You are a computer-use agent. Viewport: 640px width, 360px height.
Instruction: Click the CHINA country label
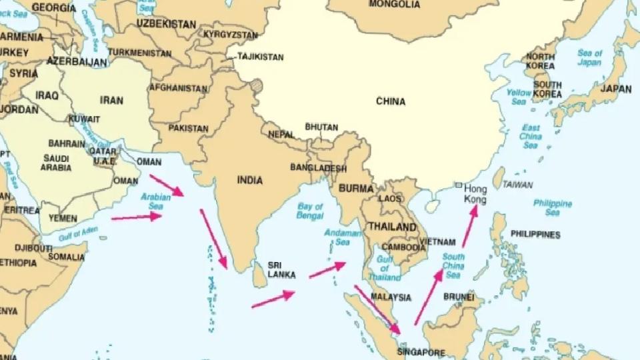tap(391, 101)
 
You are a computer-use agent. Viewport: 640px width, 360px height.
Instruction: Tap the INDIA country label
tap(250, 180)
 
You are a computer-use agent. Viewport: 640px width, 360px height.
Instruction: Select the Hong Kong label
tap(475, 194)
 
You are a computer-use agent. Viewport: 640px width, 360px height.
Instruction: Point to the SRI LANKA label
tap(281, 269)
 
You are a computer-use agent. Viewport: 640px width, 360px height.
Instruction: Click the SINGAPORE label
tap(420, 351)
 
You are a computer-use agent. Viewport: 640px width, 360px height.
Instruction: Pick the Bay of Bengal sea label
tap(310, 211)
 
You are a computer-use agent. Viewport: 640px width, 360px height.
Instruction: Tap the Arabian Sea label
tap(152, 201)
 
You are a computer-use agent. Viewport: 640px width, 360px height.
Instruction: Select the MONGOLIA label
tap(394, 5)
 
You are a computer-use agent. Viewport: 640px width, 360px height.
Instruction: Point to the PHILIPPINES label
tap(535, 235)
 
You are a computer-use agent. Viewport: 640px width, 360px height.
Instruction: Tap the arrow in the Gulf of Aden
tap(137, 217)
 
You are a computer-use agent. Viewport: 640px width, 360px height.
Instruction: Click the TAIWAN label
tap(517, 185)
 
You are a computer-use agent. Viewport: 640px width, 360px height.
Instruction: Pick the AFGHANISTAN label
tap(178, 88)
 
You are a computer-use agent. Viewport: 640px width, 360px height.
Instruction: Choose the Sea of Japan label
tap(589, 58)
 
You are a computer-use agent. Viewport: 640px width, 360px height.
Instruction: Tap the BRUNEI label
tap(458, 297)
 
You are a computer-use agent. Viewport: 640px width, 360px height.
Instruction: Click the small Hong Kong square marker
tap(459, 185)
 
